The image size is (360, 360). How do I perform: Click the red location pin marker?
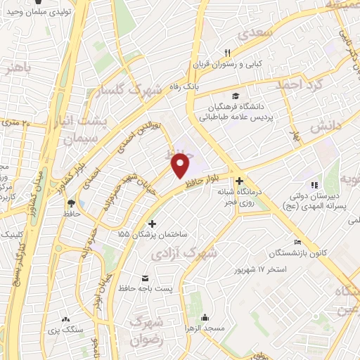tap(181, 165)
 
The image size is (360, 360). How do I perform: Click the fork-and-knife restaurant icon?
tap(226, 53)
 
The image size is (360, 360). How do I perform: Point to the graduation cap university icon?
tap(235, 96)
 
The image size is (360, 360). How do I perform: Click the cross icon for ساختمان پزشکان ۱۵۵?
tap(153, 223)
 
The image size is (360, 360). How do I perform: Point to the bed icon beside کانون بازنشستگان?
tap(298, 242)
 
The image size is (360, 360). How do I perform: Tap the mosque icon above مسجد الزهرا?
tap(204, 316)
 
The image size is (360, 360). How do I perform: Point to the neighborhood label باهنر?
tap(18, 69)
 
